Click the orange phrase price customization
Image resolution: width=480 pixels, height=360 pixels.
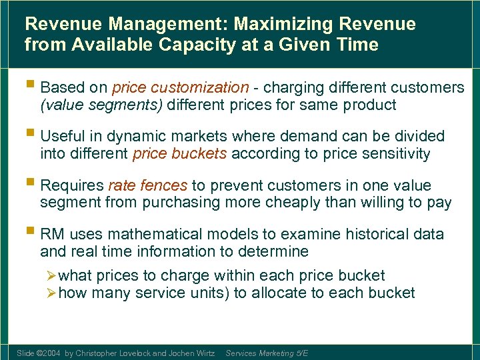(x=180, y=87)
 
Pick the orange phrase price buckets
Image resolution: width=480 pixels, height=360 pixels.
(x=180, y=154)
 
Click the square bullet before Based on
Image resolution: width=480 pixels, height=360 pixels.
(x=31, y=87)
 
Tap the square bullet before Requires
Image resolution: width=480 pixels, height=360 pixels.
(x=31, y=185)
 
